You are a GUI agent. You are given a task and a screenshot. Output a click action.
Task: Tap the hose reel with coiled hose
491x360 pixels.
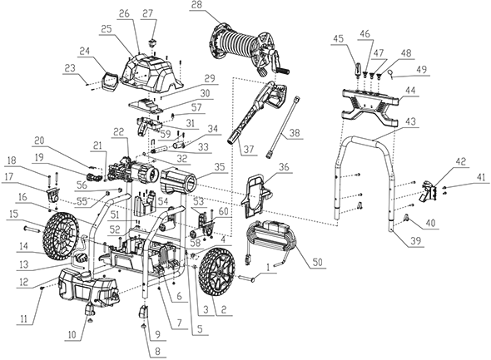(248, 49)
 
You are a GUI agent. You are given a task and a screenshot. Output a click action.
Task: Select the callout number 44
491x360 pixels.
(410, 91)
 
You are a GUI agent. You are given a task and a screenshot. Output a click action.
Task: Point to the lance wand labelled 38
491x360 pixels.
(283, 127)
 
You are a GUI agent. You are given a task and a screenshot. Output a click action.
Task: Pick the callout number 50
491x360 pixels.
(317, 262)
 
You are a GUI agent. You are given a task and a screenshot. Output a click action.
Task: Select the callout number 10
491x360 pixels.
(72, 335)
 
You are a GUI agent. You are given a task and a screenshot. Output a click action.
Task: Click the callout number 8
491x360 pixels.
(157, 351)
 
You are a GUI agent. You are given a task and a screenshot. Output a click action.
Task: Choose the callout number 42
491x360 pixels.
(461, 161)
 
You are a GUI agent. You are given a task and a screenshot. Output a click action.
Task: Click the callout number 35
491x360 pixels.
(221, 167)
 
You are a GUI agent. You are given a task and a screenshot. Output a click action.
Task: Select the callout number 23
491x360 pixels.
(70, 68)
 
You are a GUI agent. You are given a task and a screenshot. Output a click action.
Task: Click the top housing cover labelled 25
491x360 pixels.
(151, 73)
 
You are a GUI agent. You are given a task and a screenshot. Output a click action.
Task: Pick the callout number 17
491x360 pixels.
(9, 177)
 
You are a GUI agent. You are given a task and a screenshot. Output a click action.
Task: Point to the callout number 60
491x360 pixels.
(224, 212)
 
